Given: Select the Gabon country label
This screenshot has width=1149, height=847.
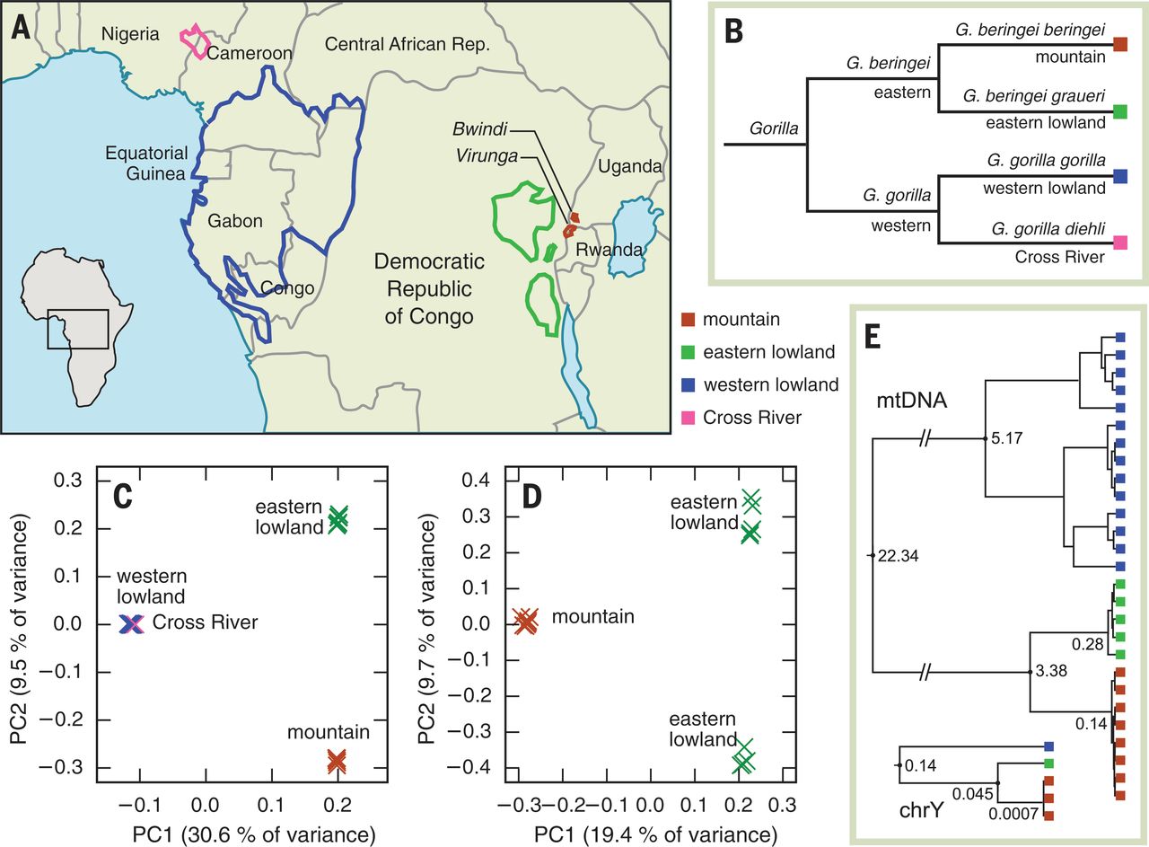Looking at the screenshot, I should [236, 221].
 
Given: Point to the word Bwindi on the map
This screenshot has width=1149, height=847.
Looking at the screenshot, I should [479, 132].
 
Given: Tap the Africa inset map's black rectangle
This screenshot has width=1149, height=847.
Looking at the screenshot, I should [78, 330].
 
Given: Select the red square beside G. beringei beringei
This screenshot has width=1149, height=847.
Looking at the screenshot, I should [1120, 44].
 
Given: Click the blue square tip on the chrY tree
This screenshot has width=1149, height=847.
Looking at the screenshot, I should [1048, 747].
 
